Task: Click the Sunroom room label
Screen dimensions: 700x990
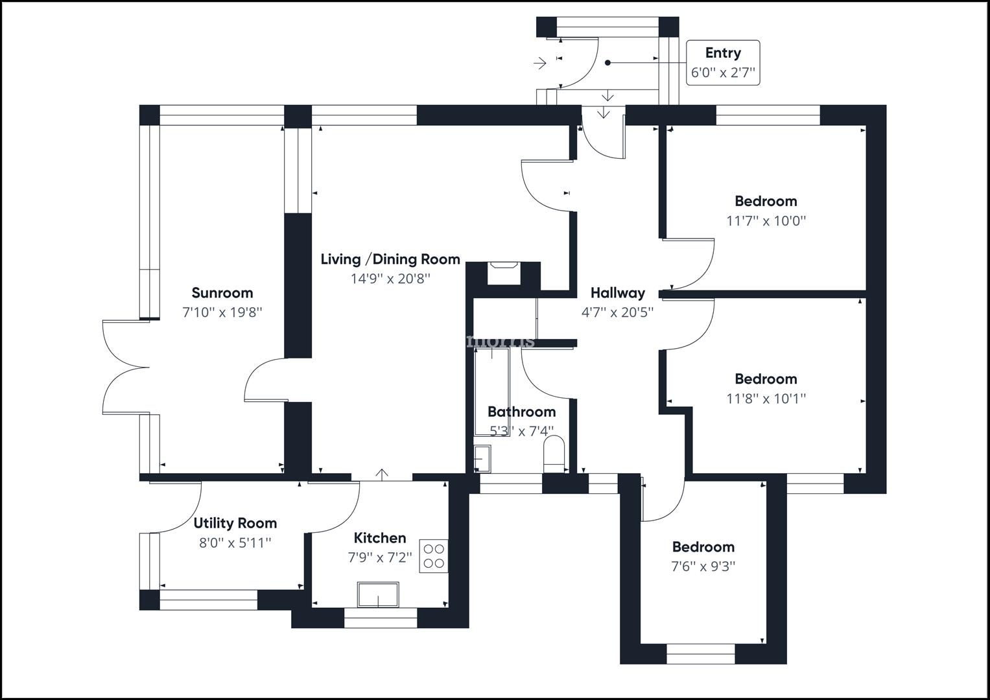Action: click(x=222, y=293)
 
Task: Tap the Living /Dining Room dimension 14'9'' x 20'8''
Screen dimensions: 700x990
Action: click(x=390, y=279)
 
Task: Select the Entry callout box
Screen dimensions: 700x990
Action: click(x=723, y=62)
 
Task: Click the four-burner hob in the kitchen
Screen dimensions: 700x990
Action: click(x=434, y=555)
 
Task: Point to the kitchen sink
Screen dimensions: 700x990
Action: click(x=378, y=594)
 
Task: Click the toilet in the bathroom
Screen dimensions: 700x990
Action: click(x=554, y=453)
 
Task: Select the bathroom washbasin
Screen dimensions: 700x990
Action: click(x=482, y=459)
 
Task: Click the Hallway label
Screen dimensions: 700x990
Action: click(x=617, y=293)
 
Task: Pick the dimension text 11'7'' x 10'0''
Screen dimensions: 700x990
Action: click(x=766, y=220)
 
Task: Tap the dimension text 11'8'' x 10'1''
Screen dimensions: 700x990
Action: click(x=766, y=399)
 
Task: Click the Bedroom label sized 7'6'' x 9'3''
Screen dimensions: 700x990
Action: click(x=703, y=547)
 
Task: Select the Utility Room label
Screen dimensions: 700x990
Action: click(x=235, y=523)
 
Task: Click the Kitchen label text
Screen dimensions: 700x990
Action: click(x=380, y=538)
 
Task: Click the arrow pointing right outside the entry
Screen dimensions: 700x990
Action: click(x=539, y=63)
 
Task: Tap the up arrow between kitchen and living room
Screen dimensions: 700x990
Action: click(x=383, y=474)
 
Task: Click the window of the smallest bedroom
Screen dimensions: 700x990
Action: click(x=700, y=654)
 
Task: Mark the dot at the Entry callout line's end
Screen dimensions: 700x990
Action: click(x=608, y=63)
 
